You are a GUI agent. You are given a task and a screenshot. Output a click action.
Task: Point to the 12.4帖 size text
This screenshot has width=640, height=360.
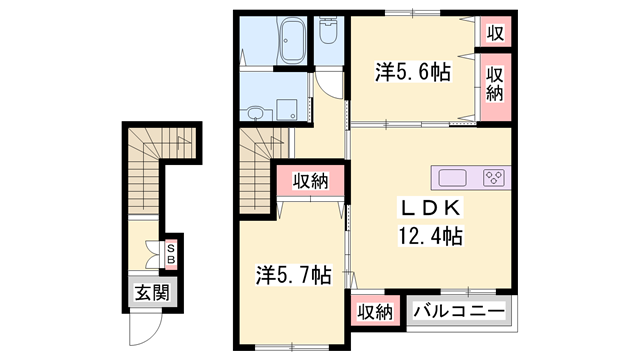[431, 237]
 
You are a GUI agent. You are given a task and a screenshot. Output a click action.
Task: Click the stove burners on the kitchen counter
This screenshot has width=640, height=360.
[494, 179]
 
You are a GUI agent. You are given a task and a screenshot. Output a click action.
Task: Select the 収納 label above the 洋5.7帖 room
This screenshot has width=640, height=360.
[311, 181]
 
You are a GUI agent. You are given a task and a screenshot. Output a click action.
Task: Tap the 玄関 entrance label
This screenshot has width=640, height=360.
[152, 294]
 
